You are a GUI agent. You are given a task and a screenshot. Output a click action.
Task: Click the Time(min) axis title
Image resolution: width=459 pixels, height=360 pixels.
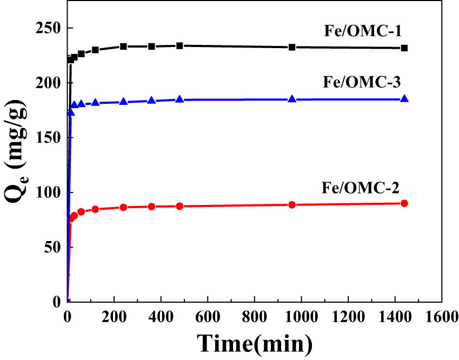click(254, 342)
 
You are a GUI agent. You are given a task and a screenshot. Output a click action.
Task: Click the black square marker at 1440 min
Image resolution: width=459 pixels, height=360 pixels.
click(404, 48)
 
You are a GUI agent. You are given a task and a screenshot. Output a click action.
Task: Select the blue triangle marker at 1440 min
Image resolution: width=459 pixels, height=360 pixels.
click(404, 99)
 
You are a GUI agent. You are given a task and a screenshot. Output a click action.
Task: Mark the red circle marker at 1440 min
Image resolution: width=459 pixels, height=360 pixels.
click(404, 203)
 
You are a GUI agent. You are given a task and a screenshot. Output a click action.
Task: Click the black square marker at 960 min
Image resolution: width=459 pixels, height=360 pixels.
click(292, 47)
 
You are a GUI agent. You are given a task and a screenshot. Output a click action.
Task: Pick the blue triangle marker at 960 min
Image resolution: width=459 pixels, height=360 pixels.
click(292, 99)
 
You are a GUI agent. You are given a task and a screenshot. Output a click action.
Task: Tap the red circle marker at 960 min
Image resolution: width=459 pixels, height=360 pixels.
click(292, 205)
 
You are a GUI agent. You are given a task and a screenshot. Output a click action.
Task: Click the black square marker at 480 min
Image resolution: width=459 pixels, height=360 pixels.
click(179, 45)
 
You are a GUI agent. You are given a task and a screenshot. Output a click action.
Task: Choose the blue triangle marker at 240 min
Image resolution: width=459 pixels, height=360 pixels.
click(123, 102)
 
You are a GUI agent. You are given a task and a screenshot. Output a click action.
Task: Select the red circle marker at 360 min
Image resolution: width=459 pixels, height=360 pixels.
click(151, 206)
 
